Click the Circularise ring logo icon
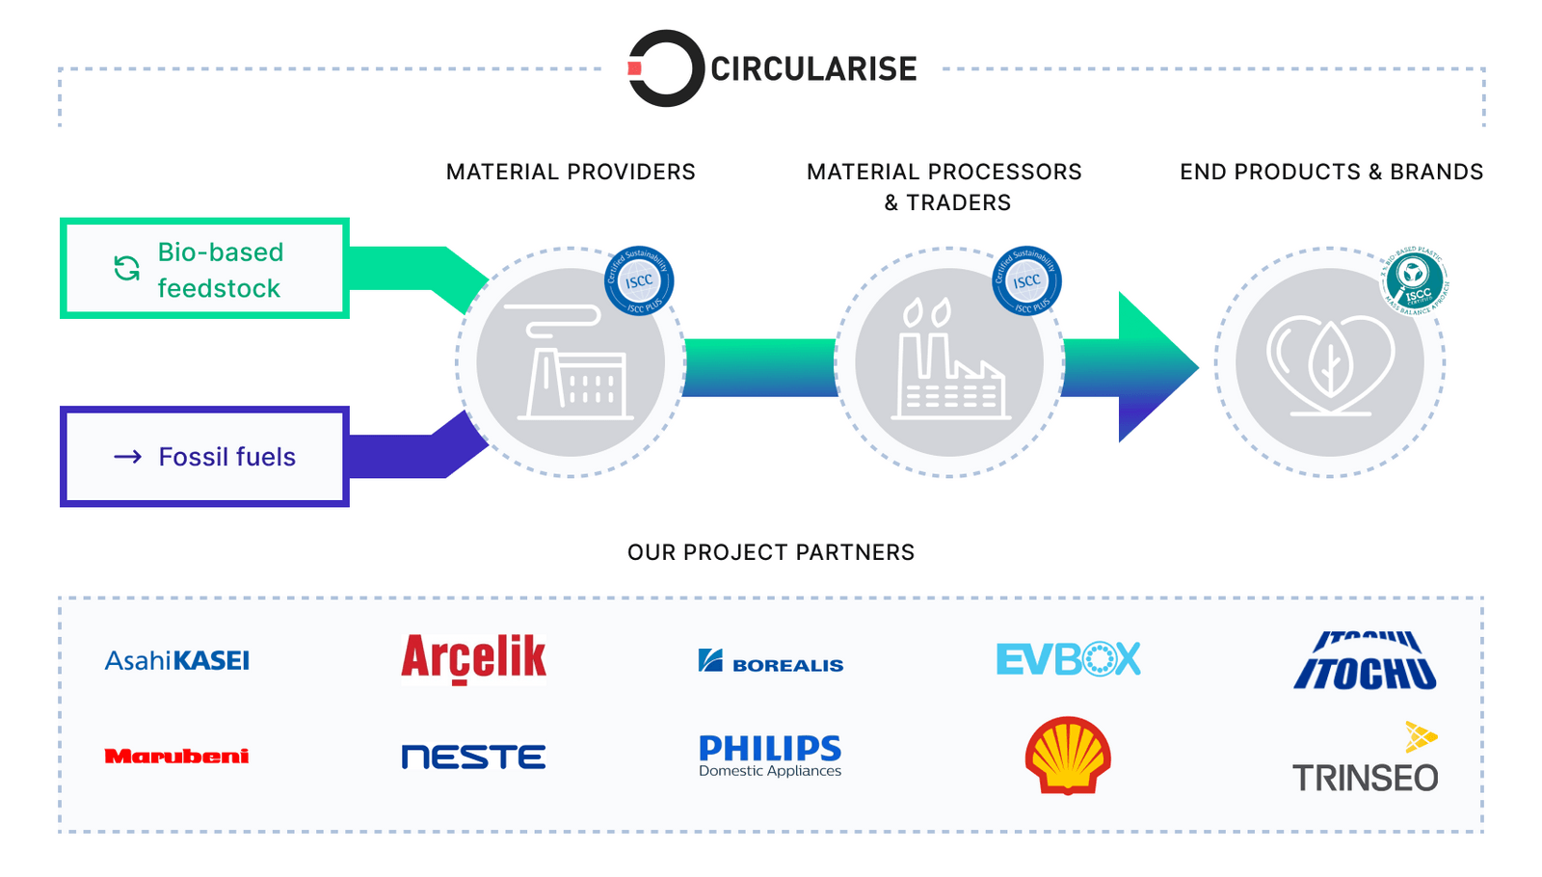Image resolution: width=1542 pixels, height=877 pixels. pyautogui.click(x=661, y=68)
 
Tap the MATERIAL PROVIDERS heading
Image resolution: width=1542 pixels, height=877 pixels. pyautogui.click(x=571, y=172)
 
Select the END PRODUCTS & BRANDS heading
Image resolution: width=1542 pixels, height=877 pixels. pyautogui.click(x=1331, y=172)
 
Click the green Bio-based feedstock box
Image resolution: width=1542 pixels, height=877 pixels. pyautogui.click(x=204, y=269)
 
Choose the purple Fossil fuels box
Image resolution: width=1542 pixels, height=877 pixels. pyautogui.click(x=204, y=457)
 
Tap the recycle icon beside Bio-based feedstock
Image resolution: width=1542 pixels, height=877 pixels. pyautogui.click(x=127, y=269)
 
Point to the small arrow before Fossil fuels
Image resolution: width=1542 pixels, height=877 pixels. pyautogui.click(x=128, y=457)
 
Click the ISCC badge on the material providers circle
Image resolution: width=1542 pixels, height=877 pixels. pyautogui.click(x=639, y=281)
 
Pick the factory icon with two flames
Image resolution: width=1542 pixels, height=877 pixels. pyautogui.click(x=948, y=361)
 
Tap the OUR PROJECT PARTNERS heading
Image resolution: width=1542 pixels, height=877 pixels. pyautogui.click(x=771, y=552)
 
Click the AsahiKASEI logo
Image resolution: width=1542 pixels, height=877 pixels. pyautogui.click(x=177, y=661)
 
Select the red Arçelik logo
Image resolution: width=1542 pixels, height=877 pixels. pyautogui.click(x=473, y=658)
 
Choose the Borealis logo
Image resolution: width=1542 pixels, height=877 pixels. pyautogui.click(x=771, y=662)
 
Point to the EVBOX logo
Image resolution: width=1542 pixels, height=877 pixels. pyautogui.click(x=1068, y=660)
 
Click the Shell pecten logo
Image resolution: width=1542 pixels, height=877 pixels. pyautogui.click(x=1068, y=756)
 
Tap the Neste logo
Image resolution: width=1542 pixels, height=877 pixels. pyautogui.click(x=473, y=757)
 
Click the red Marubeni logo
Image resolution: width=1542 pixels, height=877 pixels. pyautogui.click(x=176, y=757)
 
